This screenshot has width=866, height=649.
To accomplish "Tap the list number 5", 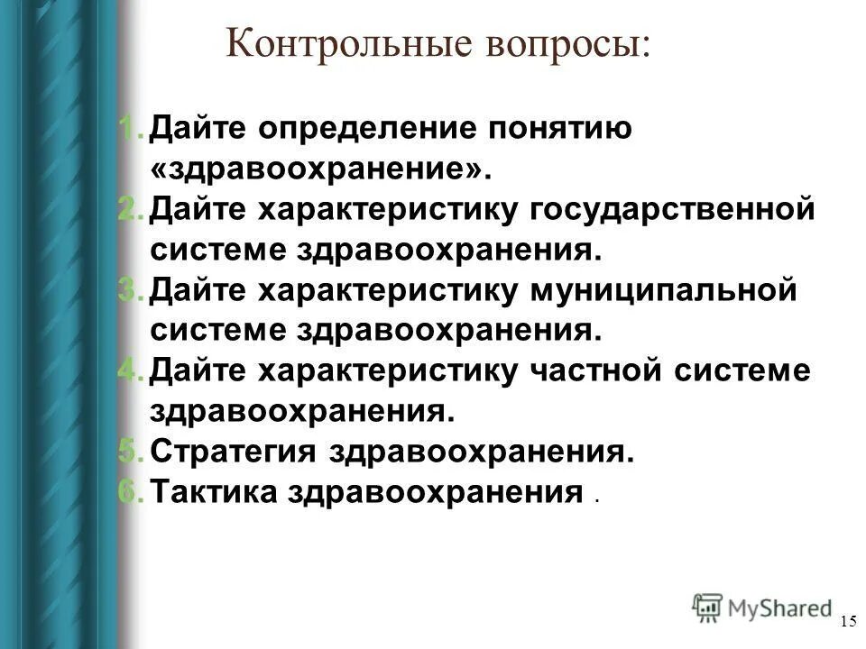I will (131, 452).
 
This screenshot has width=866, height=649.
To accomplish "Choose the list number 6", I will (131, 492).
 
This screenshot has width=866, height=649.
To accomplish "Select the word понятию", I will (559, 129).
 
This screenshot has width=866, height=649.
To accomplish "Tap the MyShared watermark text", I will (779, 608).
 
